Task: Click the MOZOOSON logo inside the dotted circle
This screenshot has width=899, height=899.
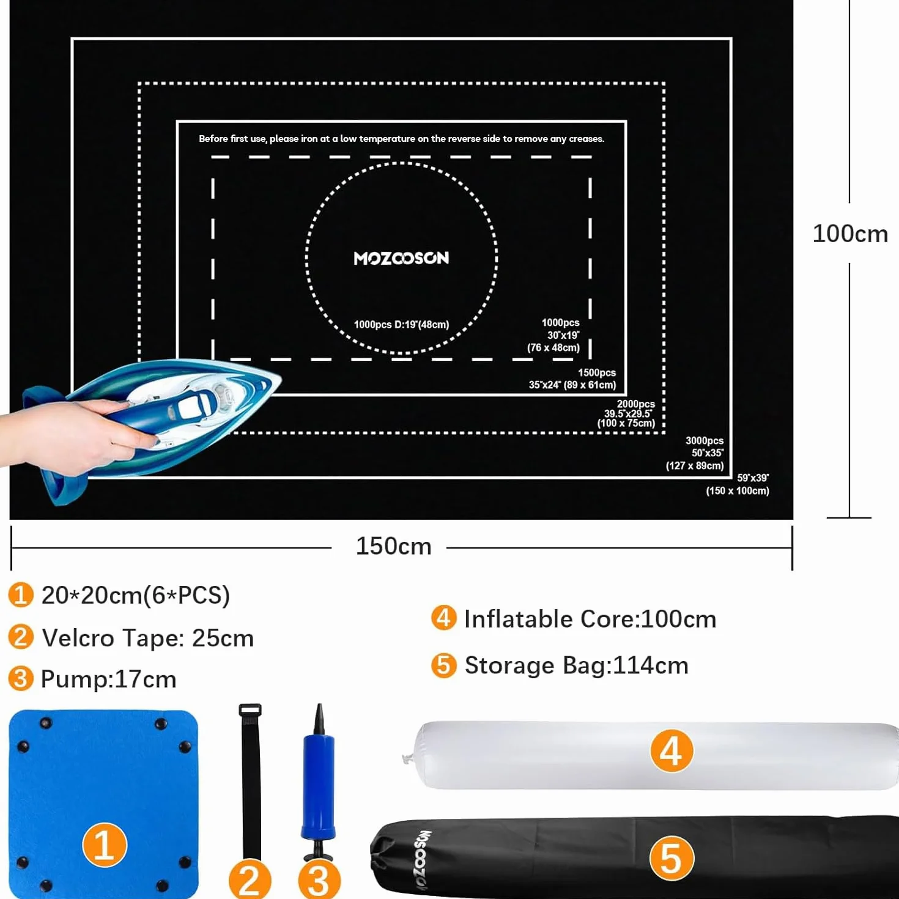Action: [x=401, y=258]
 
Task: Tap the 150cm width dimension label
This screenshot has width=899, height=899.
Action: [x=393, y=546]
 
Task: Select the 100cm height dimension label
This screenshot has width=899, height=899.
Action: [x=850, y=234]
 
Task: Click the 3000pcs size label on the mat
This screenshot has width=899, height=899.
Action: [x=695, y=453]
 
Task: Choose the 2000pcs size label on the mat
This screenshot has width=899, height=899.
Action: [x=626, y=413]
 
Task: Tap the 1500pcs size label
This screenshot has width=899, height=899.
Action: [x=572, y=379]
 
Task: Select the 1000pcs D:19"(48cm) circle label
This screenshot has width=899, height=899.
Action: [x=401, y=325]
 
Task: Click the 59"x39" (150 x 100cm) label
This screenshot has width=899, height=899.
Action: [x=737, y=484]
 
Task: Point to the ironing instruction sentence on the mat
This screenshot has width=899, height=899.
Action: [x=401, y=139]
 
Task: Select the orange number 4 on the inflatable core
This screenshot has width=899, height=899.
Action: [x=671, y=750]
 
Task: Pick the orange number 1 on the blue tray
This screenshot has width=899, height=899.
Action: [x=105, y=845]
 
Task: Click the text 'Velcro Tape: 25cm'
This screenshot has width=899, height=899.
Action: [x=148, y=638]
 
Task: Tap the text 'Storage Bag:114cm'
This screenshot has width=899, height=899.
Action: [x=577, y=665]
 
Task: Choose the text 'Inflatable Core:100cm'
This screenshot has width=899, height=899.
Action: [x=590, y=620]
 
